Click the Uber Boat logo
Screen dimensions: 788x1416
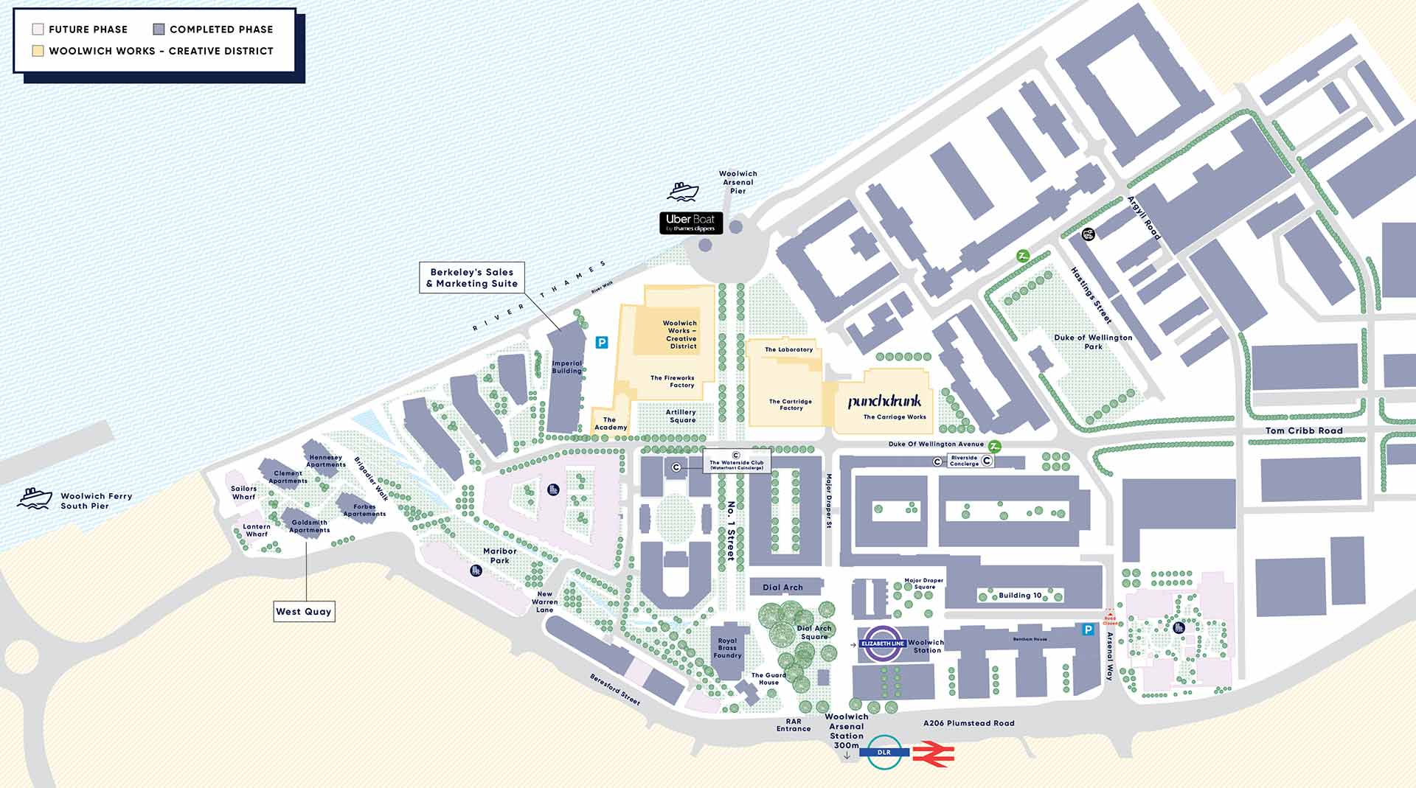(691, 223)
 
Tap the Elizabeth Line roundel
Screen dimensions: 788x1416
(883, 644)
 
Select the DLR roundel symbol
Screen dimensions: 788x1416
(884, 752)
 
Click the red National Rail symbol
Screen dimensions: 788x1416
(934, 754)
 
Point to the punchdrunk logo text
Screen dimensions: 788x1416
(884, 402)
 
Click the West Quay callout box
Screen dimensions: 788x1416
(304, 611)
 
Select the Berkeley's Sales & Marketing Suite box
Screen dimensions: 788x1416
(472, 278)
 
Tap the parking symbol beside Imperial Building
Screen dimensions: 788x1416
(602, 342)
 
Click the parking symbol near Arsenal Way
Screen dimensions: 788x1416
(1087, 630)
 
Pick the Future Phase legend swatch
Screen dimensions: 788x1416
(38, 29)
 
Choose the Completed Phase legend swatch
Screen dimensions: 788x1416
(159, 29)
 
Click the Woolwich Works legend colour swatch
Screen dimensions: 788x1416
(38, 51)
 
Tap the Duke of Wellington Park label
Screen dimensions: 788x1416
(1093, 341)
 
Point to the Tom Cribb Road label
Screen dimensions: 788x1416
(1304, 430)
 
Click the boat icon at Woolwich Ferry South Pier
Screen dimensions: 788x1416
(35, 498)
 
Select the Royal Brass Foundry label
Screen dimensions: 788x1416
(727, 648)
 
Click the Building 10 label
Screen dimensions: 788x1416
(1020, 596)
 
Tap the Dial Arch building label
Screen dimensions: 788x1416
(782, 587)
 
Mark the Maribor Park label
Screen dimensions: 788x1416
(500, 556)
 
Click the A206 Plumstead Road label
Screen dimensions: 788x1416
(968, 723)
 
